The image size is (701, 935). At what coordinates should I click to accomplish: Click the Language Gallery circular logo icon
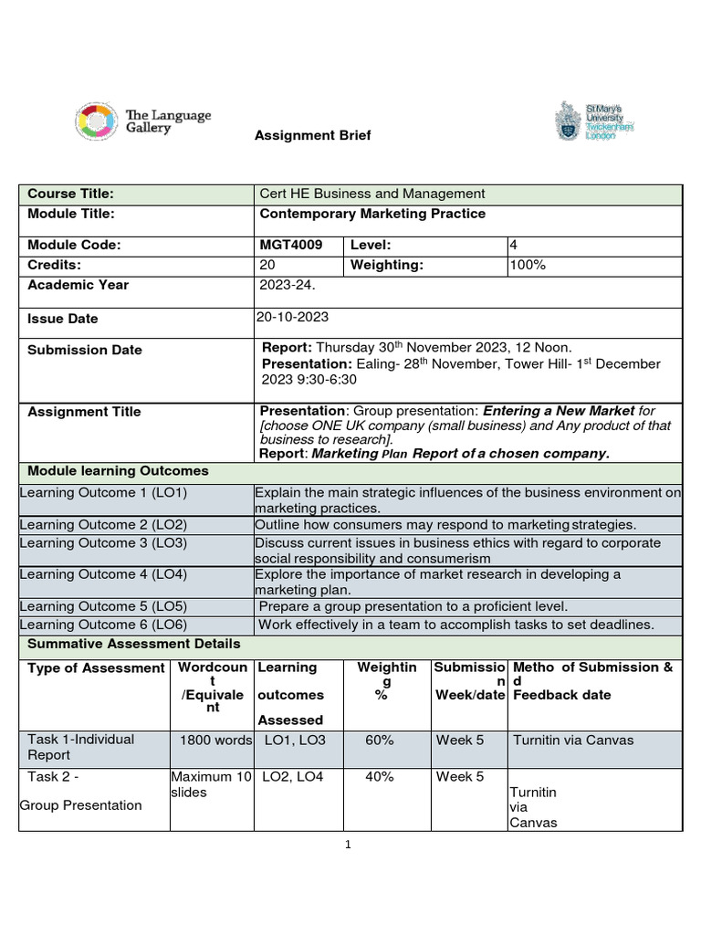tap(95, 122)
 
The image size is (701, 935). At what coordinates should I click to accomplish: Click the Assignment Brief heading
tap(312, 135)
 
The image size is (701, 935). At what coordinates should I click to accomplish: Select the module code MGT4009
tap(291, 245)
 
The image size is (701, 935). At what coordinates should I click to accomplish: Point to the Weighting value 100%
tap(528, 265)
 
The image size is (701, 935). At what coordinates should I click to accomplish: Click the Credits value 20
tap(268, 265)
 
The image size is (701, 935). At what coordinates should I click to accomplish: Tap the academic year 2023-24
tap(288, 285)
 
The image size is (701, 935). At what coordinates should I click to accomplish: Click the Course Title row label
tap(70, 194)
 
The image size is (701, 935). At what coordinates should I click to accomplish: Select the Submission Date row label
tap(85, 350)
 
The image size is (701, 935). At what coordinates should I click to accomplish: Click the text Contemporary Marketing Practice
tap(372, 214)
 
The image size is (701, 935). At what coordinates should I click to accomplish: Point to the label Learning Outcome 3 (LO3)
tap(103, 543)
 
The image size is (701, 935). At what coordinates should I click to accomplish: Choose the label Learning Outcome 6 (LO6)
tap(103, 625)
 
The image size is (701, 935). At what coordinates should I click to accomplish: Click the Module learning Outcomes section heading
tap(118, 471)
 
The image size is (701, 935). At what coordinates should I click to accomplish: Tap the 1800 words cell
tap(215, 741)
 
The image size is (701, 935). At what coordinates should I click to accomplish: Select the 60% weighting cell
tap(379, 741)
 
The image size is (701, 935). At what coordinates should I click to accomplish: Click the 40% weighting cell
tap(379, 777)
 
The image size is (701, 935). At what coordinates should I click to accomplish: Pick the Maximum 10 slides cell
tap(211, 784)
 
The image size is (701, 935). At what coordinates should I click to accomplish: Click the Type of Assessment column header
tap(96, 668)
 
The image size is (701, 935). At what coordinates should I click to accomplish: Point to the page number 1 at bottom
tap(348, 846)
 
